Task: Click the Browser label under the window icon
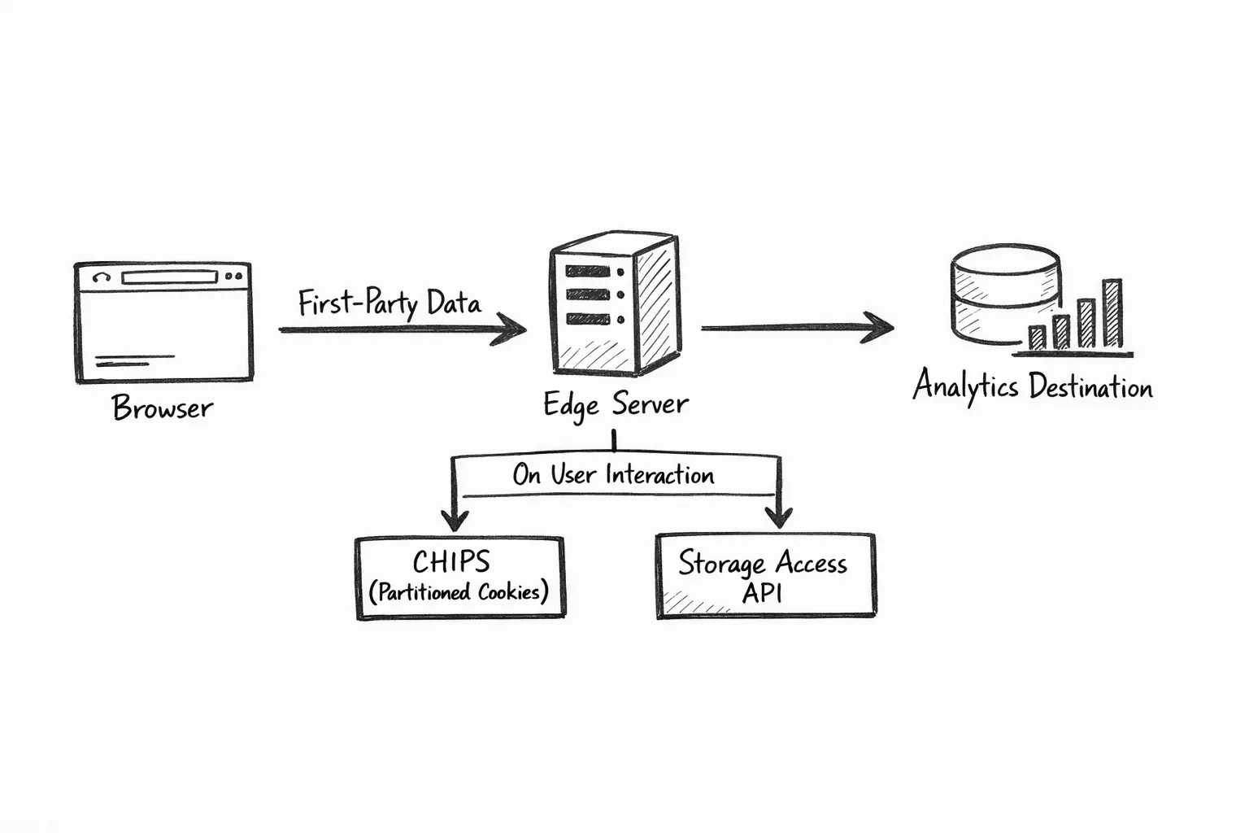coord(163,408)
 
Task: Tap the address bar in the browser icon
coord(169,277)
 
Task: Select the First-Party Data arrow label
coord(389,303)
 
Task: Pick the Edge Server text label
coord(616,404)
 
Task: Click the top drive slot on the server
coord(588,272)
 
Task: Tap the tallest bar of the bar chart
coord(1112,313)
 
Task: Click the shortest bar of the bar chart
coord(1037,338)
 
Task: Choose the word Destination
coord(1090,386)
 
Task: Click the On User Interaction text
coord(613,475)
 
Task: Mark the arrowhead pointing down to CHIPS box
coord(454,519)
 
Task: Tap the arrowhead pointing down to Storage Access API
coord(779,516)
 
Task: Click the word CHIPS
coord(451,561)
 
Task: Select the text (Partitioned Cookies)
coord(459,592)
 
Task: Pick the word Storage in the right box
coord(721,563)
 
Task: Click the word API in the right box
coord(762,592)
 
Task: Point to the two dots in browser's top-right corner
coord(233,277)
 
